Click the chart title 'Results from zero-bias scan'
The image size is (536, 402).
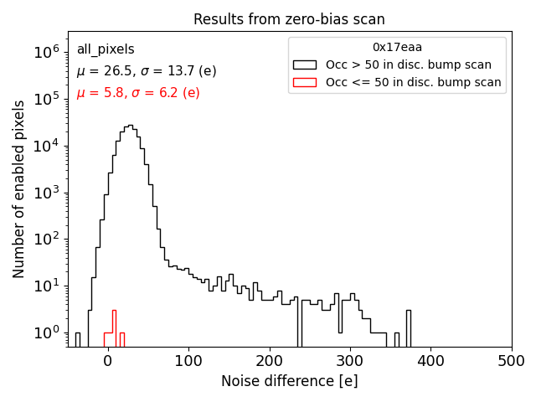pos(289,19)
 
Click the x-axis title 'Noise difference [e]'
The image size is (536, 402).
pos(289,381)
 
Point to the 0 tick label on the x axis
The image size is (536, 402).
pos(108,361)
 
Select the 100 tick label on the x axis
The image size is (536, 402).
pos(188,361)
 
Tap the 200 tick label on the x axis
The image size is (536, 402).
pos(270,361)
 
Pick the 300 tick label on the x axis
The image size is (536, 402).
pos(350,361)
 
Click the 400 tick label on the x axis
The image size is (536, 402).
pos(430,361)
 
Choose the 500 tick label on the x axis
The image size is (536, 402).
pos(512,361)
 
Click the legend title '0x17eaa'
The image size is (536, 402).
pos(397,47)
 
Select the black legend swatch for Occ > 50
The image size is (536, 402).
pos(305,64)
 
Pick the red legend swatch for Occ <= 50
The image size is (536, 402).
pos(305,82)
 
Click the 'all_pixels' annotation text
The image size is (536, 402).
pos(106,50)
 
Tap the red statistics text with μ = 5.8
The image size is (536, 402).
pos(138,93)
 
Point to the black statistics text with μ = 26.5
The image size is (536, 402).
pos(147,71)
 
